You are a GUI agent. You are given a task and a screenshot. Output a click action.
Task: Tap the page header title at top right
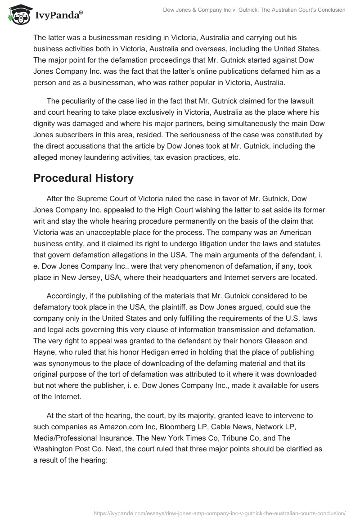[x=254, y=9]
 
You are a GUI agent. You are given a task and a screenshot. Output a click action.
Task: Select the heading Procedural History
[x=83, y=178]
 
